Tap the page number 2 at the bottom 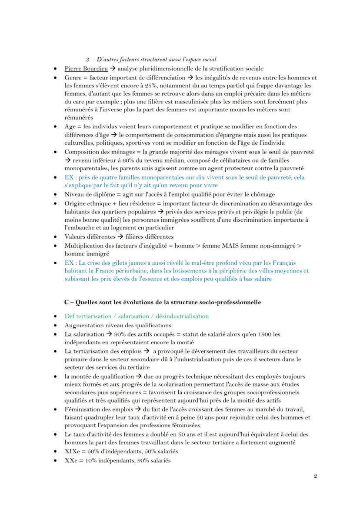[x=315, y=476]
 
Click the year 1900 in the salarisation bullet [x=257, y=334]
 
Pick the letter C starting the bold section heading [x=67, y=302]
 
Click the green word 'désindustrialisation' [x=183, y=316]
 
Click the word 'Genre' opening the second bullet [x=73, y=77]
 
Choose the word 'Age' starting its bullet [x=70, y=126]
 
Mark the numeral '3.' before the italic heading [x=87, y=59]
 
